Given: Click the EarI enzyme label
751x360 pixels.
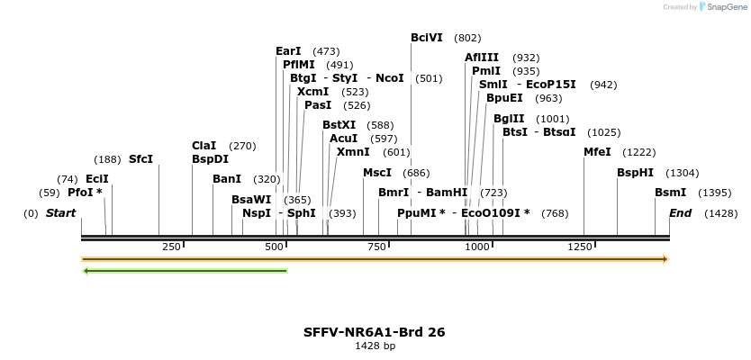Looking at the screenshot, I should pos(288,51).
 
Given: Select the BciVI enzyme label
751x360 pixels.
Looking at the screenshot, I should pos(426,38).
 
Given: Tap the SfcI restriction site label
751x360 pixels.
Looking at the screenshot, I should pos(140,159).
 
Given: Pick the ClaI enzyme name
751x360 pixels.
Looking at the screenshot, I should pos(204,146).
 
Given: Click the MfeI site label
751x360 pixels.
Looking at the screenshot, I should pos(597,152).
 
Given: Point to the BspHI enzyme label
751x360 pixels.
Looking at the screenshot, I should pos(635,173).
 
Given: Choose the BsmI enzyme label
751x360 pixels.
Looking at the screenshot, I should pos(670,193).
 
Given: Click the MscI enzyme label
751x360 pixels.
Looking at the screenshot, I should pos(377,173).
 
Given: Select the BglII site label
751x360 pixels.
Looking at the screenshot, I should pos(509,119).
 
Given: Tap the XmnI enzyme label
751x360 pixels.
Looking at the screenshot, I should pos(352,152).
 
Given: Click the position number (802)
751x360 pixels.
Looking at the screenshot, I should pos(467,38).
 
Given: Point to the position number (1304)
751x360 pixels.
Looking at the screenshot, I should pos(682,173).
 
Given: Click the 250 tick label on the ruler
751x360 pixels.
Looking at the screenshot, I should pos(171,247).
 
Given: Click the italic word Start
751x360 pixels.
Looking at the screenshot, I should pos(60,213).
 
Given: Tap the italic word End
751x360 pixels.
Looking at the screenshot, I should pos(680,213).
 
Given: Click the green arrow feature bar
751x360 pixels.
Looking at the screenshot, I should pos(185,270).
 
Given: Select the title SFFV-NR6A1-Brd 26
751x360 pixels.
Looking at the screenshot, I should pos(375,332).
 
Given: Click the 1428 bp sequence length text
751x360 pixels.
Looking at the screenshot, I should pos(375,346).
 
